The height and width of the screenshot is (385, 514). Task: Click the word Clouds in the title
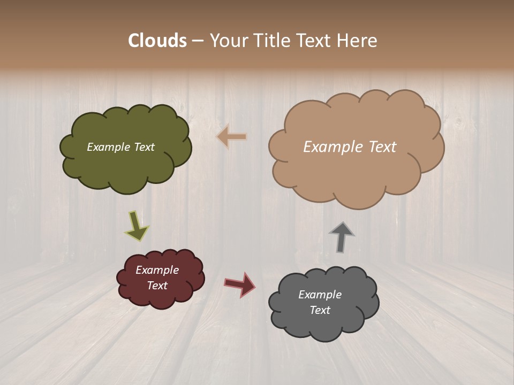pyautogui.click(x=157, y=41)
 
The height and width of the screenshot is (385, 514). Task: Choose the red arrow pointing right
pyautogui.click(x=240, y=284)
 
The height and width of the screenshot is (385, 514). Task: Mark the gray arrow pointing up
pyautogui.click(x=342, y=237)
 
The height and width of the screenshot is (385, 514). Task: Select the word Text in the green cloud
pyautogui.click(x=144, y=147)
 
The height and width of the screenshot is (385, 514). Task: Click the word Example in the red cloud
pyautogui.click(x=157, y=270)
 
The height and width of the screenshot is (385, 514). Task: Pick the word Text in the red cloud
pyautogui.click(x=157, y=286)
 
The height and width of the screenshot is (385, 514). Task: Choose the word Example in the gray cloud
pyautogui.click(x=320, y=295)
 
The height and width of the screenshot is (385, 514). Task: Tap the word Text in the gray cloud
pyautogui.click(x=320, y=310)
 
